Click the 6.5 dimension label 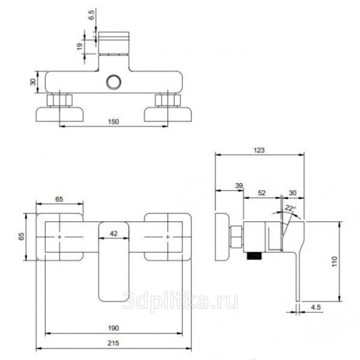92,15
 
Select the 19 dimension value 79,46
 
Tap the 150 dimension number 113,122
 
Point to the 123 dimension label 259,150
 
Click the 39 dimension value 239,185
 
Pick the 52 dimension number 262,193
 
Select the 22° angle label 290,208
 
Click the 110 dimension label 335,261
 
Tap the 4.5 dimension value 315,307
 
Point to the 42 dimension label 114,234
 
